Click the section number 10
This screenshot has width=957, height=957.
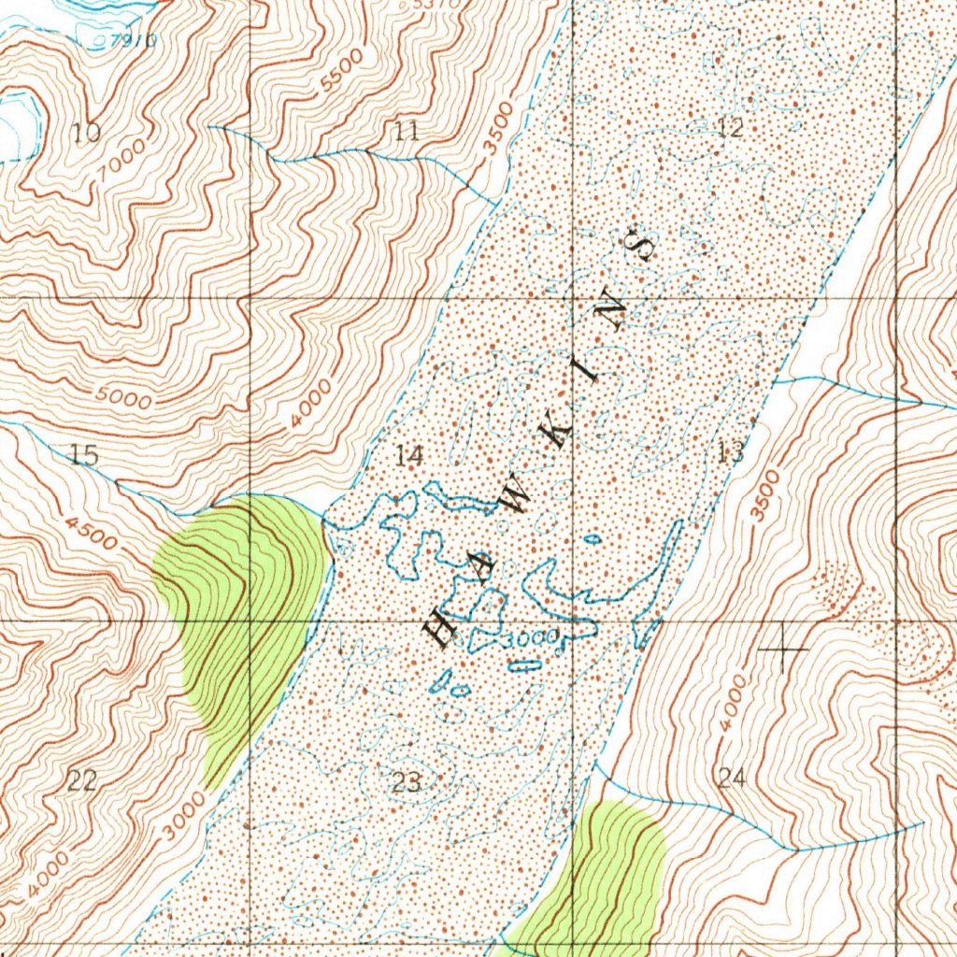[x=86, y=133]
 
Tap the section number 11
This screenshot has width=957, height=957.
[x=407, y=131]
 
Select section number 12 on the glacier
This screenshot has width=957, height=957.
[x=729, y=128]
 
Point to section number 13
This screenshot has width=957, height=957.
[x=732, y=454]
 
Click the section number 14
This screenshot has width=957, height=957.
[x=408, y=456]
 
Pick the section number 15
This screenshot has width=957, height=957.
[x=84, y=456]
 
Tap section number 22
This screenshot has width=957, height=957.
[x=82, y=781]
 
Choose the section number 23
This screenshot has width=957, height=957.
[x=407, y=782]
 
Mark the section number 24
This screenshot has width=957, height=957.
[x=732, y=777]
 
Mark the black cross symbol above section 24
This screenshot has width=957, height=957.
[x=783, y=648]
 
